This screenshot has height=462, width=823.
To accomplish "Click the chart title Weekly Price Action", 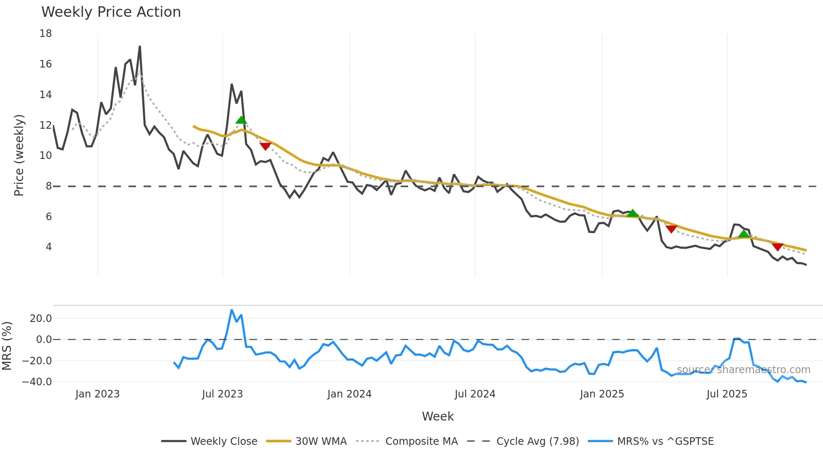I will pos(111,12).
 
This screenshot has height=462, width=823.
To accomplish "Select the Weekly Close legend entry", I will pos(223,441).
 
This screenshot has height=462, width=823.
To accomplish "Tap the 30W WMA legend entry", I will pos(321,441).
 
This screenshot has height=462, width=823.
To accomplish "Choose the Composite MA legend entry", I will pos(421,441).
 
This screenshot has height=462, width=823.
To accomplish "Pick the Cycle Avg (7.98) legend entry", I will pos(537,441).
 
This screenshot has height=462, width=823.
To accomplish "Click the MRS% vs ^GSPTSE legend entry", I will pos(665,441).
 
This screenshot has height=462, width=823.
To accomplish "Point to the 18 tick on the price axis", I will pos(46,34).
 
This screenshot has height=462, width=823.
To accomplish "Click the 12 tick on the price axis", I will pos(46,125).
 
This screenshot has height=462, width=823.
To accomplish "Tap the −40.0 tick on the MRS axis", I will pos(37,382).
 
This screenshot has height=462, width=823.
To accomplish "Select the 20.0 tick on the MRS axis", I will pos(41,319).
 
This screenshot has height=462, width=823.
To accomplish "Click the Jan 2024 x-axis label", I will pos(349,394).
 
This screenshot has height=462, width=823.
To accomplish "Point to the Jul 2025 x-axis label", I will pos(727,394).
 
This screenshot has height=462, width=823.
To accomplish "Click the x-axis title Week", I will pos(438,416).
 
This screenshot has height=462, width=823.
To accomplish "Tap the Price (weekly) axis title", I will pos(19,155).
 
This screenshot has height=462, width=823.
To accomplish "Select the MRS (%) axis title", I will pos(7,346).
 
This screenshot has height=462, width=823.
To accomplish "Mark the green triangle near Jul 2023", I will pos(241,120).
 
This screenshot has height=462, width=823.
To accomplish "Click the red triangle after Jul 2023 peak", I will pos(265,146).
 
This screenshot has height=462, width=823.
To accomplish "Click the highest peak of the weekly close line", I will pos(140,47).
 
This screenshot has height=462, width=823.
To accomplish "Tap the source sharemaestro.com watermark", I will pos(743,370).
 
